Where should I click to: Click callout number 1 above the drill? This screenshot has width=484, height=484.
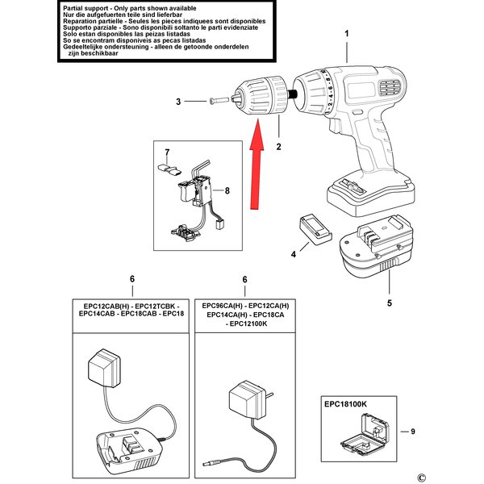[348, 33]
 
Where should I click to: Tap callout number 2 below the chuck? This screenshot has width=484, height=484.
[278, 148]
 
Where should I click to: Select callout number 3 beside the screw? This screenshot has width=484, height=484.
[179, 101]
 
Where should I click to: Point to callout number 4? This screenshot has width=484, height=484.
[294, 255]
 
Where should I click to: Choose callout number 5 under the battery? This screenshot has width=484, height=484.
[389, 304]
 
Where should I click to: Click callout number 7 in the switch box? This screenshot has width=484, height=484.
[168, 152]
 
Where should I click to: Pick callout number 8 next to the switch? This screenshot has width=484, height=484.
[227, 191]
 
